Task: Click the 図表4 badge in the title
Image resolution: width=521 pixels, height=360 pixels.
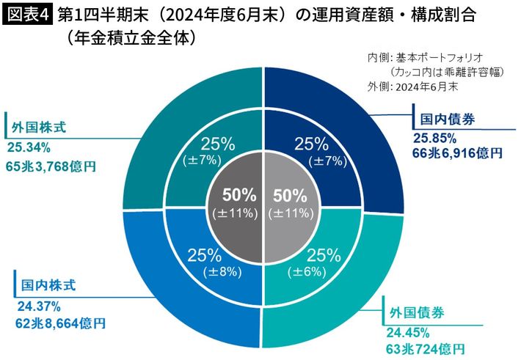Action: click(27, 15)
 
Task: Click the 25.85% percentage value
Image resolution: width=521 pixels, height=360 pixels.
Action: click(435, 137)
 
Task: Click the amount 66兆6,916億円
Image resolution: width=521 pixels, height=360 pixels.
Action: click(457, 153)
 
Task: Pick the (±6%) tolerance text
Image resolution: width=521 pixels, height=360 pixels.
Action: click(323, 271)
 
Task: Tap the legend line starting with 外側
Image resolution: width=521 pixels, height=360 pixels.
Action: click(412, 86)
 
